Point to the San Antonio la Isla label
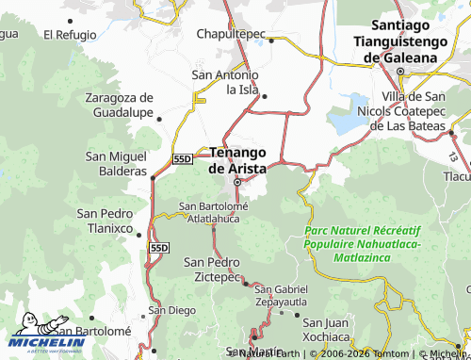coord(225,82)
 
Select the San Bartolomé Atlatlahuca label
coord(208,212)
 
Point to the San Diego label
coord(171,309)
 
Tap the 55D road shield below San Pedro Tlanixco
coord(157,247)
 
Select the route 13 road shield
coord(453,155)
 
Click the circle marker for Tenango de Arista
coord(237,182)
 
